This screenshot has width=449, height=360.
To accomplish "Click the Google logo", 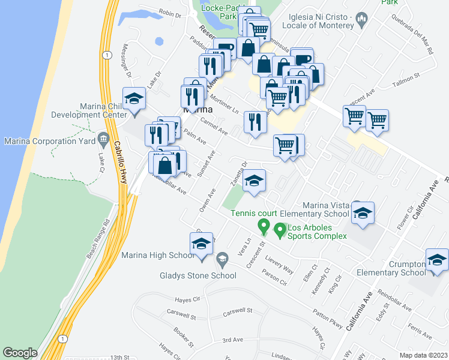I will [x=20, y=353].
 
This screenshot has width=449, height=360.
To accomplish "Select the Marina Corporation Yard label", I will [x=48, y=142].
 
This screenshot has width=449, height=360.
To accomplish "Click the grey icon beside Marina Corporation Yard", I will [x=103, y=140].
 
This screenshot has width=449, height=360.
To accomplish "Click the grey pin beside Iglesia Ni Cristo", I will [x=361, y=20].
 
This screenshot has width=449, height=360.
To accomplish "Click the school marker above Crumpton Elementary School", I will [x=437, y=261].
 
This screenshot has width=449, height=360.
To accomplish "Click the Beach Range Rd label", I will [x=98, y=238].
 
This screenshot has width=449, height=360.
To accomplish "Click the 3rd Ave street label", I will [x=232, y=340].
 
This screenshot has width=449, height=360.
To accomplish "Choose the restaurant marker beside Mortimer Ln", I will [x=255, y=122].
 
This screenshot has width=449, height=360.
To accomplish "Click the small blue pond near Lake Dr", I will [x=160, y=42].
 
